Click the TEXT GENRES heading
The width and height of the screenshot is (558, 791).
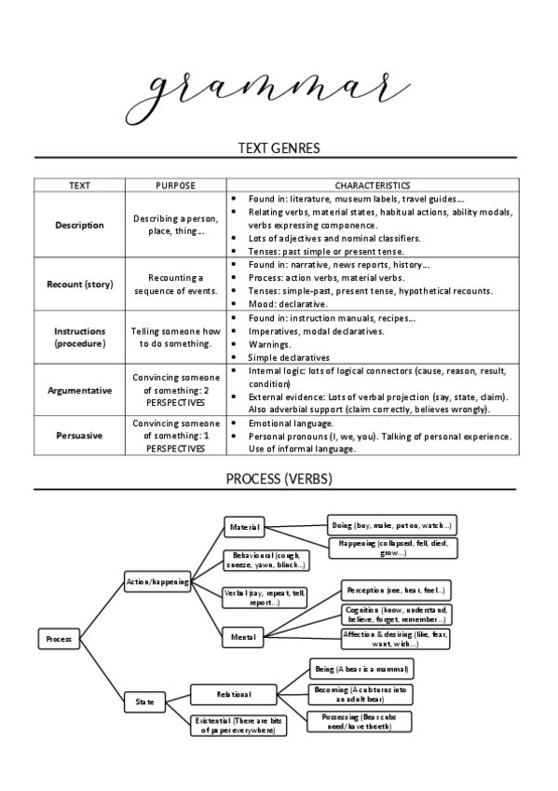pos(279,147)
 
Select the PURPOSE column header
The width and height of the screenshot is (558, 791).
pos(175,186)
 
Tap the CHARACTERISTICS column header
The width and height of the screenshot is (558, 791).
pos(372,186)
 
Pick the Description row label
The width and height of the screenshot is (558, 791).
pos(79,225)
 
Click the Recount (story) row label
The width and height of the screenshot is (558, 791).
pos(79,284)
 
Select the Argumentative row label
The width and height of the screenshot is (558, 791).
pos(79,390)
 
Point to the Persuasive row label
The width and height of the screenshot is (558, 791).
pos(79,435)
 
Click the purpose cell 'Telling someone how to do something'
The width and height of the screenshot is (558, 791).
pos(175,337)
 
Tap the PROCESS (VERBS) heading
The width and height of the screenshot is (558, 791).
pos(279,479)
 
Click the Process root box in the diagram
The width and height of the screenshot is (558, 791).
pos(58,639)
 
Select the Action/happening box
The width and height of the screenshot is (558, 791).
pos(157,581)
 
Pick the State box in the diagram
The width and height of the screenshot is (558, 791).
pos(145,701)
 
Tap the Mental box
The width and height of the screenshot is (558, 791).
pos(245,637)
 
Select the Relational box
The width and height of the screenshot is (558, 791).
pos(234,694)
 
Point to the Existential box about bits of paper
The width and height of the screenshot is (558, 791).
pos(238,726)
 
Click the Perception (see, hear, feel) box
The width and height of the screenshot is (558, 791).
pos(396,590)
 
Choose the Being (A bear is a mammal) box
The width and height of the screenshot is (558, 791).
pos(361,669)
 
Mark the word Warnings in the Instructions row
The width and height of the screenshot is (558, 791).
pos(269,343)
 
